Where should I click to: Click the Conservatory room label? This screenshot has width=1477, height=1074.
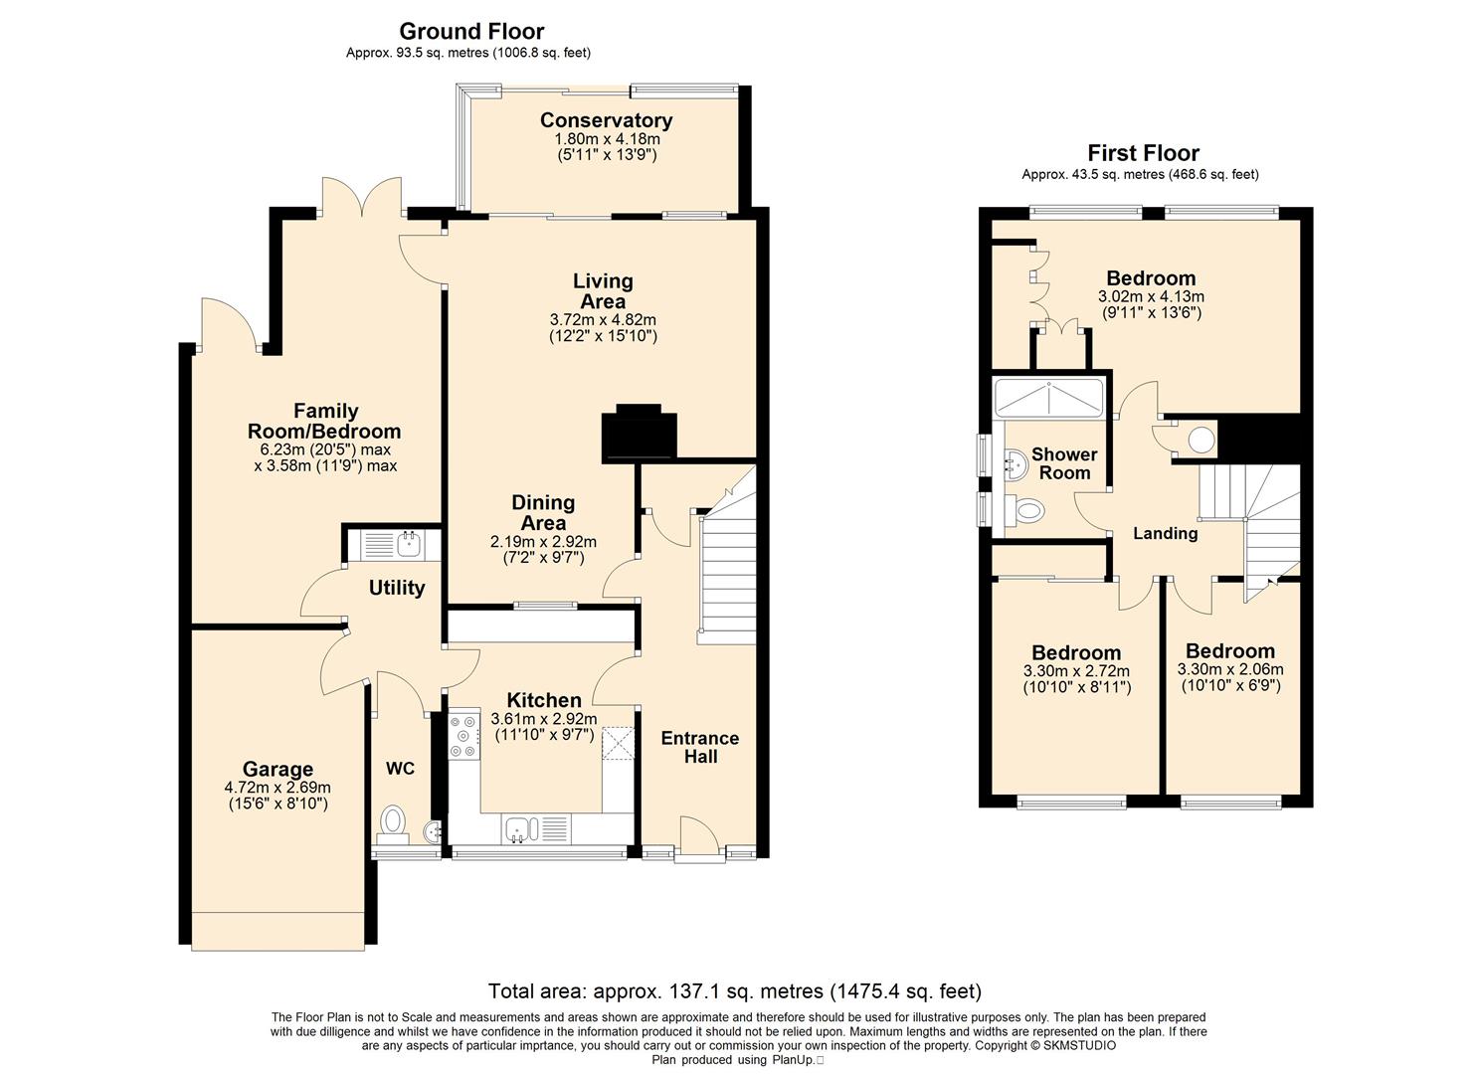tap(606, 120)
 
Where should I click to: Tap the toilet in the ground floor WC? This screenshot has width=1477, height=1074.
tap(394, 824)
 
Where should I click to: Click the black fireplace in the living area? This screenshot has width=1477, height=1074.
tap(639, 434)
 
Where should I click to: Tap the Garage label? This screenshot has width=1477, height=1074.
tap(277, 769)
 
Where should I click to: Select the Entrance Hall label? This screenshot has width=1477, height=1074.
tap(700, 747)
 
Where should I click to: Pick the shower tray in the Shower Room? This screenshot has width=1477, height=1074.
tap(1047, 397)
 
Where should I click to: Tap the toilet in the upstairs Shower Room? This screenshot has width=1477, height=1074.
tap(1028, 509)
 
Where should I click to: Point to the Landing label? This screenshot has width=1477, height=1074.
tap(1165, 533)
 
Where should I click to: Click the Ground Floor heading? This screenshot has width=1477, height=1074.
tap(471, 32)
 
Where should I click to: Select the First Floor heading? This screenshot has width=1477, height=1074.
tap(1143, 153)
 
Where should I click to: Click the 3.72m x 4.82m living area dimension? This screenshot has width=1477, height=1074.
tap(604, 320)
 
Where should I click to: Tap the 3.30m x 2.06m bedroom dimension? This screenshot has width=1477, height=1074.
tap(1230, 669)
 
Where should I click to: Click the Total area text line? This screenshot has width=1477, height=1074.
tap(735, 990)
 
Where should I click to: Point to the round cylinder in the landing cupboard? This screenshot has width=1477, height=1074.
tap(1201, 440)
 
